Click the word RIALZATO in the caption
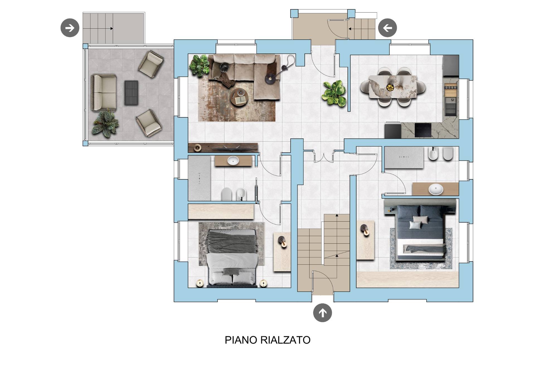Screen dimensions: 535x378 [285, 340]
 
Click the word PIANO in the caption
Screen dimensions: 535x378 [241, 340]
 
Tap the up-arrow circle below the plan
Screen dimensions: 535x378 [322, 313]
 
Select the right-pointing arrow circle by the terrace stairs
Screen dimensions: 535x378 [70, 28]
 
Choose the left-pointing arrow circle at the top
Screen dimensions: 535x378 [387, 28]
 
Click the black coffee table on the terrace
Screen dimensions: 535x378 [131, 93]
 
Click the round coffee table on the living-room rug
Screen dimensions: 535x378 [239, 97]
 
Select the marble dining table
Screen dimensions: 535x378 [393, 87]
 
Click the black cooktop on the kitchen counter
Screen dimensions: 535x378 [423, 130]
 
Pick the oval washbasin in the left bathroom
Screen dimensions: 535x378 [233, 161]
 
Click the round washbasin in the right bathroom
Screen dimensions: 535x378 [436, 189]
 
